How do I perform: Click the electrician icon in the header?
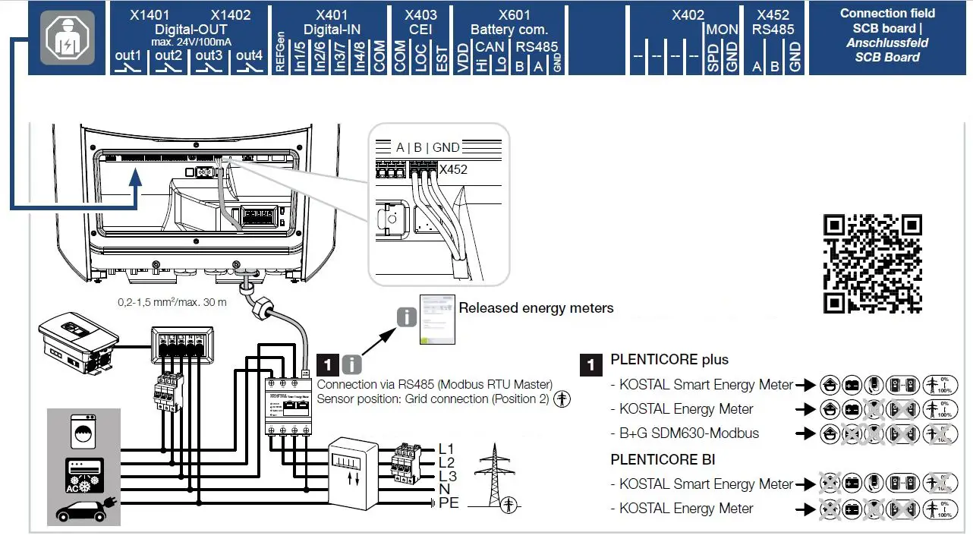69,37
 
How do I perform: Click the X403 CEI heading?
420,22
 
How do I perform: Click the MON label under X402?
721,30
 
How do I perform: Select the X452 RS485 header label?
773,22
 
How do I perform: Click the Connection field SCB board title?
887,35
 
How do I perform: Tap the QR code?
872,263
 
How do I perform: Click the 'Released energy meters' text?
536,308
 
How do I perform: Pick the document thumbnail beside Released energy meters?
437,320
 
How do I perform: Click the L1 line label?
448,449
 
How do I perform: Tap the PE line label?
449,503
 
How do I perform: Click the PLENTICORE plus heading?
669,360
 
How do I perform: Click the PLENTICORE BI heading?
663,459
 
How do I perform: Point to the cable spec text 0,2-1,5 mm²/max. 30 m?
172,302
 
